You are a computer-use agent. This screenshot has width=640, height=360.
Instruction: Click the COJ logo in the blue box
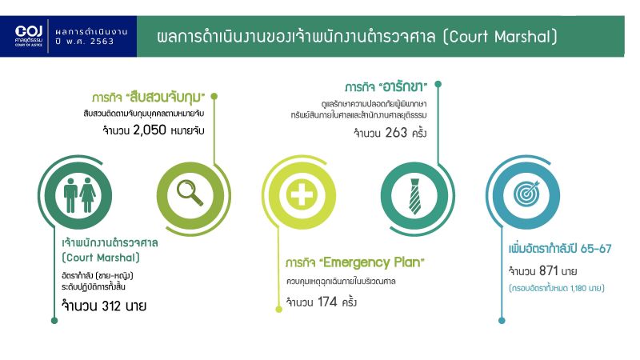tap(29, 36)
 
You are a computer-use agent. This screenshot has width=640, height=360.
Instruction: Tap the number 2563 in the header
tap(102, 42)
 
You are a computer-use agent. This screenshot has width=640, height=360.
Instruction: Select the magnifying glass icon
tap(190, 193)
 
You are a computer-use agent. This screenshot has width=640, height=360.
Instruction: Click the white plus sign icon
tap(302, 194)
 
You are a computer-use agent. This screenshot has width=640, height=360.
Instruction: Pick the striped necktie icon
tap(414, 196)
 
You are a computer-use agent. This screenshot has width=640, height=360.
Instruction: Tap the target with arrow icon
tap(526, 194)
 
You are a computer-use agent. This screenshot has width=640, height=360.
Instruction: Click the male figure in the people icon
tap(70, 194)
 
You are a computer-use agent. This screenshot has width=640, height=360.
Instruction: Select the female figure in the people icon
tap(88, 194)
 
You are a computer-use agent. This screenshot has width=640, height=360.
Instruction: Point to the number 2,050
tap(150, 130)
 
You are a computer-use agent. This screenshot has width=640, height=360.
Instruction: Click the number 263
tap(396, 133)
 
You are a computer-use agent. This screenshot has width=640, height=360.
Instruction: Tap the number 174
tap(327, 302)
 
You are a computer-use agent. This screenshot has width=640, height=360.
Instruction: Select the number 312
tap(111, 306)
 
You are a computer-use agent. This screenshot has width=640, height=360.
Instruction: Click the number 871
tap(548, 270)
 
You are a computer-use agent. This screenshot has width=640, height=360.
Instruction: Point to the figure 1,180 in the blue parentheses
tap(578, 288)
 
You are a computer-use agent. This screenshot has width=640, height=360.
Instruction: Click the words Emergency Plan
tap(371, 262)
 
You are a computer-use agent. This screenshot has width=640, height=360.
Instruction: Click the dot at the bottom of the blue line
tap(502, 321)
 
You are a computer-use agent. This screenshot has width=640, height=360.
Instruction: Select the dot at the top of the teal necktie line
tap(438, 84)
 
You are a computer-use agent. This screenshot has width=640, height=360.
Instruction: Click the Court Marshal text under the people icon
tap(101, 258)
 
